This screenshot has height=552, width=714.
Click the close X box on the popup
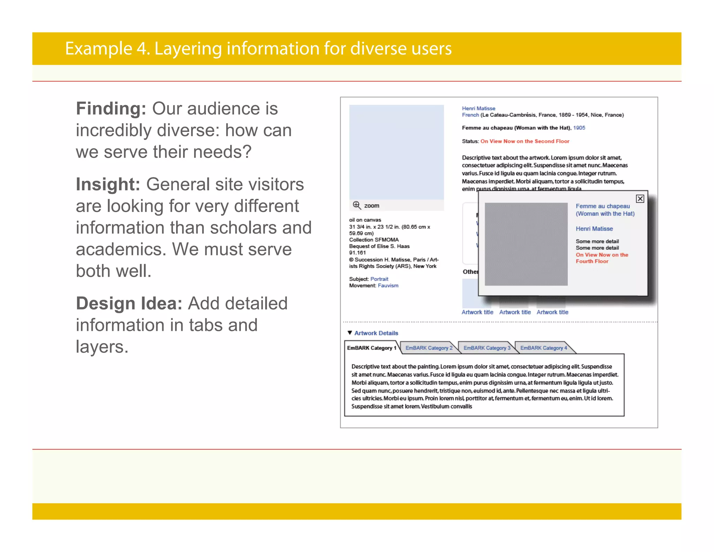640,199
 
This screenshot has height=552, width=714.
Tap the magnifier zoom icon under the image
356,205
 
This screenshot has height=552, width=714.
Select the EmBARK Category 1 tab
372,348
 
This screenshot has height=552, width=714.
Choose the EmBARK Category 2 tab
429,348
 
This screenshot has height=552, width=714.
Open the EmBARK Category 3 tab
487,348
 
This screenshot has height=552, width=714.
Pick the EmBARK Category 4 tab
544,348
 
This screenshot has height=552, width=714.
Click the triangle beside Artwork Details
350,333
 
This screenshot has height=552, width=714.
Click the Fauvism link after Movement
388,285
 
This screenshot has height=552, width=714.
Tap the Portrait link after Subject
379,279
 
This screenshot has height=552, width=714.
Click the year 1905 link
579,128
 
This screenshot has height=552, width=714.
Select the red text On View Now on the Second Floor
525,141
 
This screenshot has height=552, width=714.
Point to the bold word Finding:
111,109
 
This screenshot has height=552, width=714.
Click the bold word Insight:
108,184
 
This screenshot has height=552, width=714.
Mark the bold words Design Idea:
129,303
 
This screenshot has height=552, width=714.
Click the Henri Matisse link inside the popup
594,229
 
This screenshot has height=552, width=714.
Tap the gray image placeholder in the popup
526,244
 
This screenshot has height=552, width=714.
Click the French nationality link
470,115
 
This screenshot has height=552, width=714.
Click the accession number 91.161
357,253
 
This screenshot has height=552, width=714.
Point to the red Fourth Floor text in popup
592,261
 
